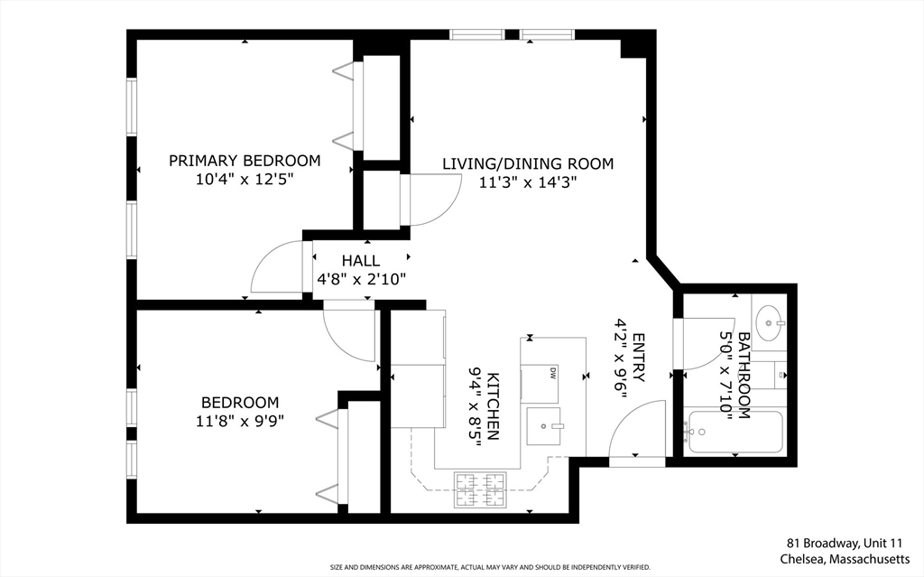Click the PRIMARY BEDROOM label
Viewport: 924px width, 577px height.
click(245, 161)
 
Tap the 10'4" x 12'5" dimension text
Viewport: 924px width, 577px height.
click(245, 180)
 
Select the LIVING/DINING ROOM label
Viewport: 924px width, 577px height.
click(527, 163)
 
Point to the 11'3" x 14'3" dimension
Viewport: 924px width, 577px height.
click(527, 181)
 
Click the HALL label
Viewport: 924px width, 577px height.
click(360, 261)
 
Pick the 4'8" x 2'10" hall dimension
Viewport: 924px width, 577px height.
click(361, 279)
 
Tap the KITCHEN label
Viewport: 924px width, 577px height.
click(493, 405)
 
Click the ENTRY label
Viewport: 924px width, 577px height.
click(638, 358)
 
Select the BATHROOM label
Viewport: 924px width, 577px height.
click(744, 376)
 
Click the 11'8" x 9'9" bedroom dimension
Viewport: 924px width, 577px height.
click(240, 420)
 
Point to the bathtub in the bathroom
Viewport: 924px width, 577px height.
click(735, 433)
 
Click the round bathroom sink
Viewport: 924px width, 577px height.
click(770, 321)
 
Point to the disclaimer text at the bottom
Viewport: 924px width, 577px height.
click(490, 567)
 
